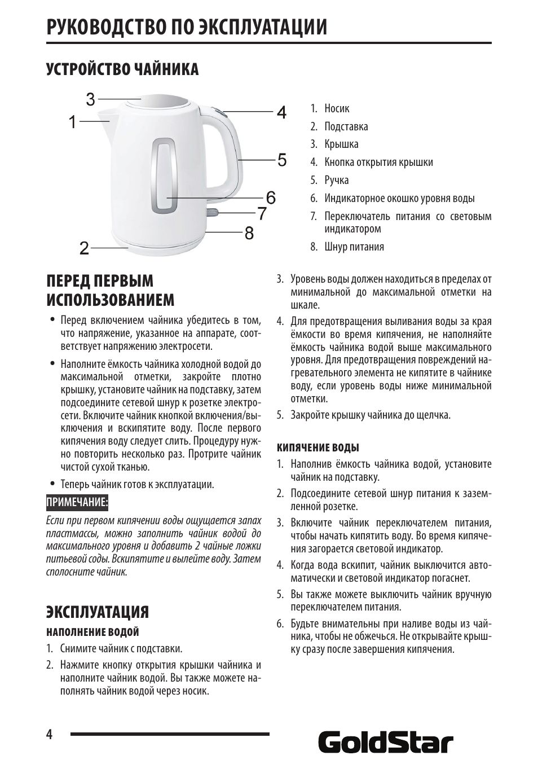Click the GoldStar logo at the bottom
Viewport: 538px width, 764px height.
coord(386,743)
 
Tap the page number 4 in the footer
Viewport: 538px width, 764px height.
coord(50,734)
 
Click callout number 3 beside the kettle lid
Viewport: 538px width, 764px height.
coord(91,100)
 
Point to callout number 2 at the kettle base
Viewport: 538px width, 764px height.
coord(84,248)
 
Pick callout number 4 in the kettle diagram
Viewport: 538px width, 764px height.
coord(281,112)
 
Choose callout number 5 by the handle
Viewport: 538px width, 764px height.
coord(282,160)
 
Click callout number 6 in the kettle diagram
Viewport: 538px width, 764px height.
coord(271,197)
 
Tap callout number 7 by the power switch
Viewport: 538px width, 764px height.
coord(262,214)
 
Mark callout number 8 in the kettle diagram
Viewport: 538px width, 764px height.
coord(249,232)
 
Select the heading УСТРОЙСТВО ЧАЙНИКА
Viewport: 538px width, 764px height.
coord(122,69)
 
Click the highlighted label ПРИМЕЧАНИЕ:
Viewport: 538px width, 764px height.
coord(77,502)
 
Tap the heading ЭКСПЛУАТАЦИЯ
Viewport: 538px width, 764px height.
coord(98,612)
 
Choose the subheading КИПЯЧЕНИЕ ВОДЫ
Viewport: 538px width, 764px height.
coord(317,447)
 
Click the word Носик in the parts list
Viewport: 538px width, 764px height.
coord(337,108)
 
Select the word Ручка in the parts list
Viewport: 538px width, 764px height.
coord(336,180)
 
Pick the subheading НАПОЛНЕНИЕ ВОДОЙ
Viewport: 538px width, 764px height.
coord(92,632)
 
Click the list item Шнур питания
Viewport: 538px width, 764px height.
coord(354,247)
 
